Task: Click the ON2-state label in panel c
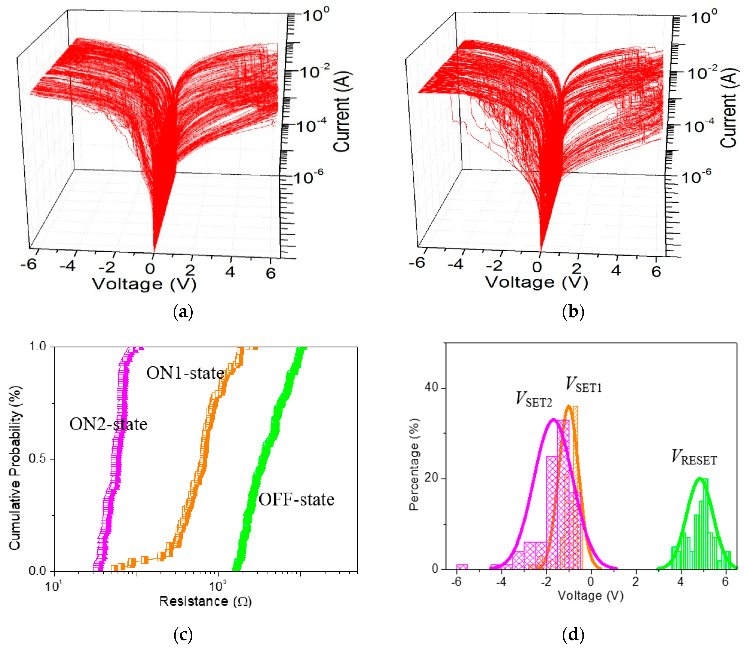[x=108, y=424]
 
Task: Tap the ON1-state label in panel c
[x=185, y=373]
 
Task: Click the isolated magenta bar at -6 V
[x=462, y=566]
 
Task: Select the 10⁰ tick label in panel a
[x=315, y=15]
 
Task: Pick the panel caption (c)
[x=183, y=635]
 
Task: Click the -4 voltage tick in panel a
[x=67, y=266]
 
